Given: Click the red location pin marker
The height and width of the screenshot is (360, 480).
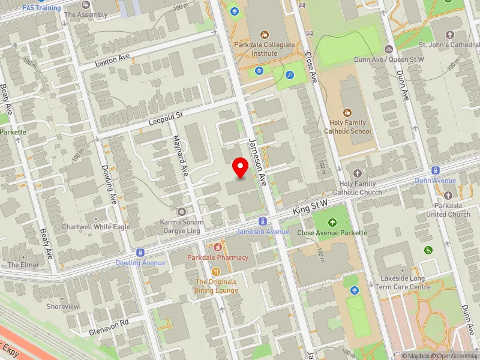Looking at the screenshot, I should [x=241, y=167].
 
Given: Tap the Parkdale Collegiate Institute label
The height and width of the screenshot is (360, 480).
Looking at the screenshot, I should [x=265, y=49].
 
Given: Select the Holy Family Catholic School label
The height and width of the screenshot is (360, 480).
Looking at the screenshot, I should [x=347, y=127].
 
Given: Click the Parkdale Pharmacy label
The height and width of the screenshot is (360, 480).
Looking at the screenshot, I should [x=218, y=257].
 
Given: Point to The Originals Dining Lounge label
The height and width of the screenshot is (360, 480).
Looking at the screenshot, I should [x=215, y=286].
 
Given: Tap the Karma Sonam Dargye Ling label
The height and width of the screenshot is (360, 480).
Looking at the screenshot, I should [x=181, y=226].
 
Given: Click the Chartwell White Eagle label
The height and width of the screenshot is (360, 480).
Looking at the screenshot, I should [x=96, y=227].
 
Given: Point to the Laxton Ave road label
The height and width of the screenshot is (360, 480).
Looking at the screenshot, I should [x=113, y=61].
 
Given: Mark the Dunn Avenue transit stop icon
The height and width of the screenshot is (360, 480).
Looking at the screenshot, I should [x=436, y=170].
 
